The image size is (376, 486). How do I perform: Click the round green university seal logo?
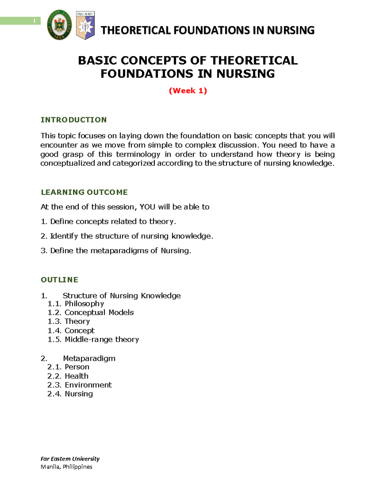tap(59, 25)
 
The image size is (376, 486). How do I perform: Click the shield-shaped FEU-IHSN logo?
tap(85, 25)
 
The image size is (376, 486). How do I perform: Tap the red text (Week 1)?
tap(188, 91)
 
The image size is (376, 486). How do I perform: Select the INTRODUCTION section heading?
tap(74, 120)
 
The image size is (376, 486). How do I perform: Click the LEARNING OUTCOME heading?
tap(84, 192)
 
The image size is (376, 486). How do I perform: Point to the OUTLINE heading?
tap(60, 280)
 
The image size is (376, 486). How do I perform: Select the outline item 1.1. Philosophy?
tap(76, 304)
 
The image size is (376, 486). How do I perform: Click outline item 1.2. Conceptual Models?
tap(91, 312)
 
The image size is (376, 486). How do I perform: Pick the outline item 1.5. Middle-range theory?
tap(93, 340)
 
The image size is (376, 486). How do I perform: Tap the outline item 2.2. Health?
tap(68, 376)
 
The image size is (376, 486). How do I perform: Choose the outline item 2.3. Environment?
tap(80, 385)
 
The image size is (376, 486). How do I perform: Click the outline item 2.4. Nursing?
tap(70, 394)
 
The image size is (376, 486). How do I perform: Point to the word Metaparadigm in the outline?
tap(89, 358)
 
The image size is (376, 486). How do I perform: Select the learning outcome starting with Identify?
tap(127, 236)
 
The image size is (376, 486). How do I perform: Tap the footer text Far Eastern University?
tap(70, 459)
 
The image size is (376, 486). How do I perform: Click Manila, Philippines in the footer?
tap(66, 467)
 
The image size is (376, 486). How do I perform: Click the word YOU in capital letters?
tap(147, 207)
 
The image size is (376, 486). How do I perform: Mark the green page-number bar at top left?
tap(20, 21)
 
